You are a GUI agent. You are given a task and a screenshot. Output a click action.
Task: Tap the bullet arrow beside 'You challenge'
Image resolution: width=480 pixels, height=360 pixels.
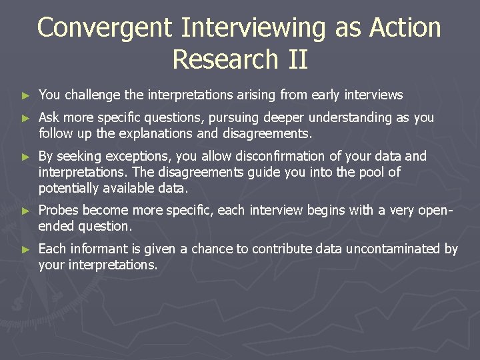25,96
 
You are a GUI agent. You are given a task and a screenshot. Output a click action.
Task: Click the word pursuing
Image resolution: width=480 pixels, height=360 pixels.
233,118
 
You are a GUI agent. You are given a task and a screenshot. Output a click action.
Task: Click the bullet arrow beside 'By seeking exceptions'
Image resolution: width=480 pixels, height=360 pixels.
25,157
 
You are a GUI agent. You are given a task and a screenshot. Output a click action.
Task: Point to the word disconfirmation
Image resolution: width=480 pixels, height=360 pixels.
245,157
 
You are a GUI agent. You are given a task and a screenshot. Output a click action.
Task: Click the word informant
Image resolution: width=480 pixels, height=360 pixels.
94,249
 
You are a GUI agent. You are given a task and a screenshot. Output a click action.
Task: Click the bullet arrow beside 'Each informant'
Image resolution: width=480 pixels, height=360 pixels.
25,250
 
